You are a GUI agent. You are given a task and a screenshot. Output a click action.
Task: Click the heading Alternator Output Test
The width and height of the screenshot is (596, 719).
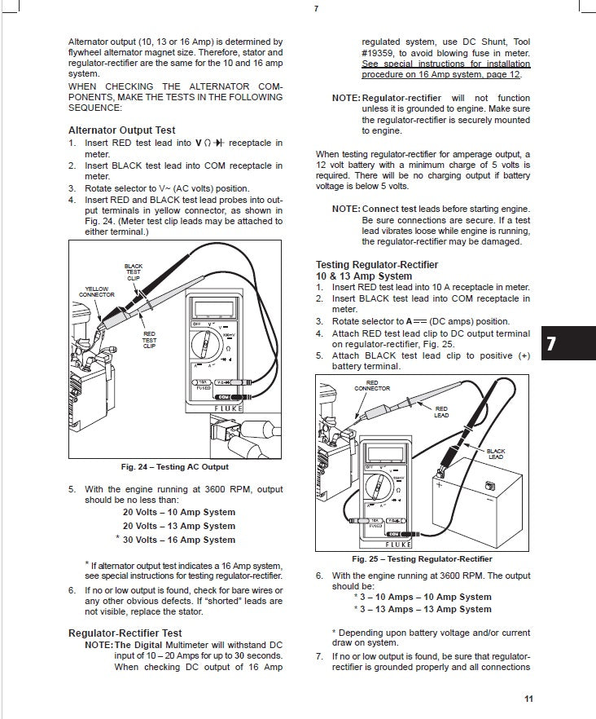121,130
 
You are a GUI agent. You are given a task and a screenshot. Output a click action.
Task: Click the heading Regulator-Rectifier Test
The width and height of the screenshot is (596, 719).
125,633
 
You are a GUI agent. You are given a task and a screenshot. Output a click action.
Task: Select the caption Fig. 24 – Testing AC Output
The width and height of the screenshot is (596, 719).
174,467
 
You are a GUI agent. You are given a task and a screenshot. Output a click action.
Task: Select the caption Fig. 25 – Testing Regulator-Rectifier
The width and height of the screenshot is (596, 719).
422,559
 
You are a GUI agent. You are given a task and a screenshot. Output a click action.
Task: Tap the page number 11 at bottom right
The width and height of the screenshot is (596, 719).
528,699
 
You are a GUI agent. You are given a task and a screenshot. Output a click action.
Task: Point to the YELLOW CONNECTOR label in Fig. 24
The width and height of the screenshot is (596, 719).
97,291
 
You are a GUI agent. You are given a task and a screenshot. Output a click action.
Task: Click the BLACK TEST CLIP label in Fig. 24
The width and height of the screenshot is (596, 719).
134,271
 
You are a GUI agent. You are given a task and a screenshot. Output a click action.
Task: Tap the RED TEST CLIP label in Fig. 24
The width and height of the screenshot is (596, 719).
149,339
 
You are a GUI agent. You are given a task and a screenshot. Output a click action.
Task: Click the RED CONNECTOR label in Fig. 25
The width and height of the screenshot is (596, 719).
372,385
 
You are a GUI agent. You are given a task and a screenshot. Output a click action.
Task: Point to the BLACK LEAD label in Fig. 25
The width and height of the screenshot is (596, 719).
495,454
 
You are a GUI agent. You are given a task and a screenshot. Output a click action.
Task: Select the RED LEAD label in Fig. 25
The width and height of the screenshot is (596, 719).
440,412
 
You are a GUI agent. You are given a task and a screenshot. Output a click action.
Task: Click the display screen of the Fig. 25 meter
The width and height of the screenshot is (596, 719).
382,454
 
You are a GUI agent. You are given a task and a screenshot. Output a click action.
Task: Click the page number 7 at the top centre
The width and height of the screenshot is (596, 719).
315,10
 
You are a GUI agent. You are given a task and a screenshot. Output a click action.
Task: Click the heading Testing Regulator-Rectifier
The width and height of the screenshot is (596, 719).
376,265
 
